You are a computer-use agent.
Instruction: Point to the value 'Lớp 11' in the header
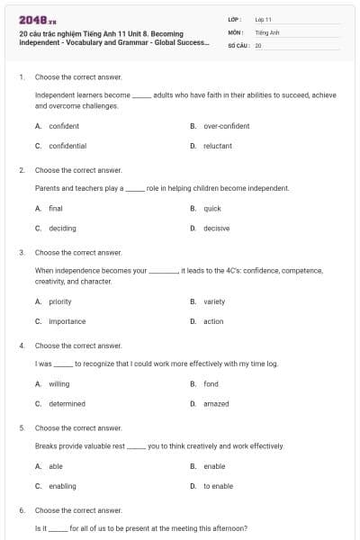tap(264, 19)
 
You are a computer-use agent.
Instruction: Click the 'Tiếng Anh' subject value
tap(267, 31)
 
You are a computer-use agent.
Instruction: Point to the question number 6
tap(22, 510)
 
